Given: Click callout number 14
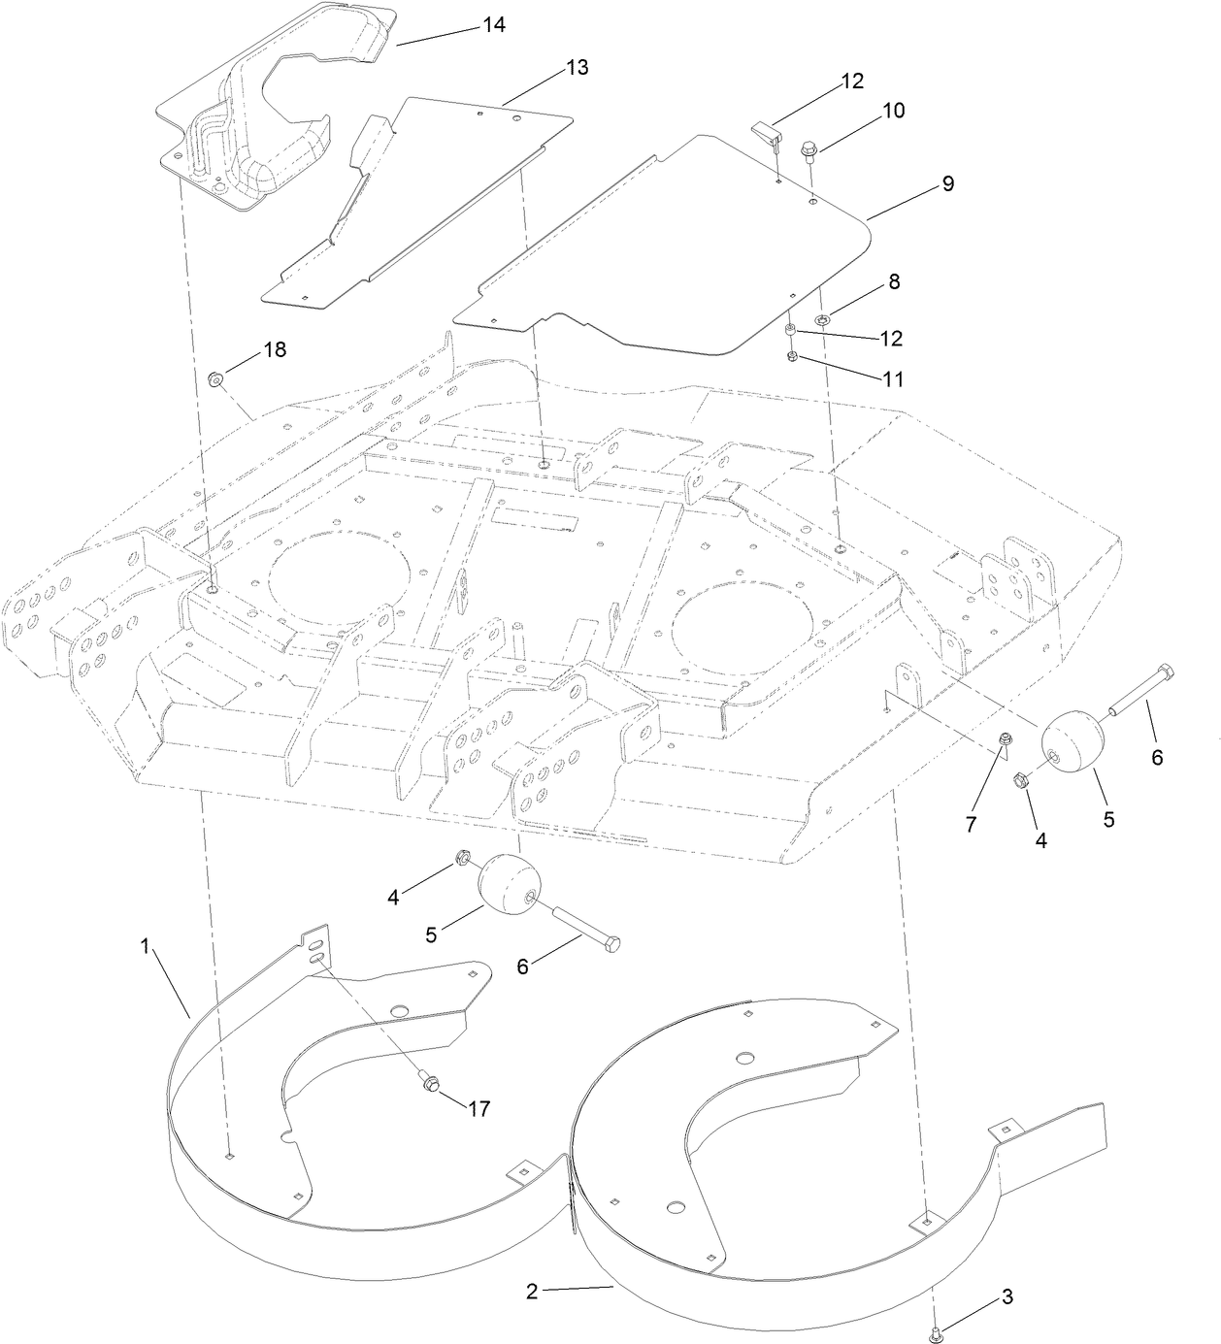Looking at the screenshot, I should pos(494,25).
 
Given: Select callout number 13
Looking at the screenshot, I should pos(577,68).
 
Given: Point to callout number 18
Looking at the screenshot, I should pos(276,349).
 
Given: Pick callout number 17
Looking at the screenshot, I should pos(479,1108).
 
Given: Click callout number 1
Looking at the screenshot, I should pos(146,946).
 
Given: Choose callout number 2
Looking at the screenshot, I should pos(531,1291).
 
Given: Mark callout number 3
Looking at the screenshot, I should pos(1006,1296).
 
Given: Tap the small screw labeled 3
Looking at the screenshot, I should pos(936,1336).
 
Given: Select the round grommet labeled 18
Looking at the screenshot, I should pos(215,378).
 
